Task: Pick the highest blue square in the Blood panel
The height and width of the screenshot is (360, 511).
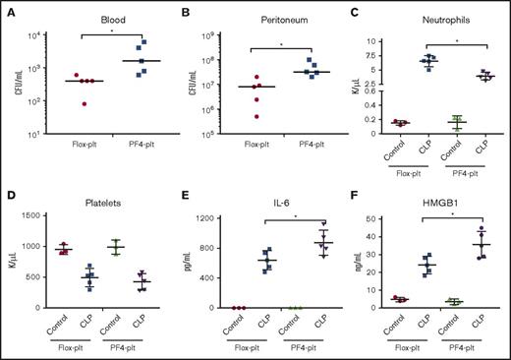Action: (x=144, y=43)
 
